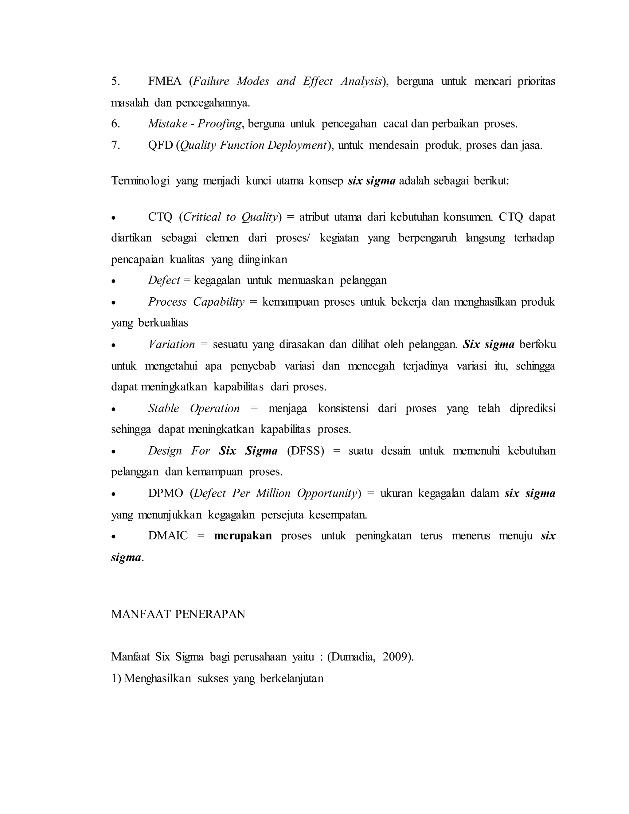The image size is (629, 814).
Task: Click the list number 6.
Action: [x=115, y=124]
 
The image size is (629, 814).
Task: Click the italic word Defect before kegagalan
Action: [x=164, y=280]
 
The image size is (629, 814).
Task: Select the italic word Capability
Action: [x=219, y=302]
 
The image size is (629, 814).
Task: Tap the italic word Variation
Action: [x=171, y=344]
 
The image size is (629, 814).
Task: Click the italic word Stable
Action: [x=164, y=409]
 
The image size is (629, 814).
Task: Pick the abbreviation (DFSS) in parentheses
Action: [x=306, y=451]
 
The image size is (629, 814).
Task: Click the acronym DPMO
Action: [x=166, y=494]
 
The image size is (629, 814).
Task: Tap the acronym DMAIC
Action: [x=168, y=536]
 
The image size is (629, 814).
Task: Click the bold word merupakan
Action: [x=243, y=536]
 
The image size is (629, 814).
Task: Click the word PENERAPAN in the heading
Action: [x=210, y=614]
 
